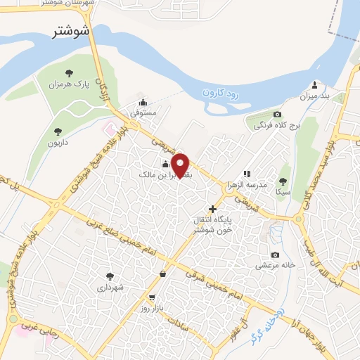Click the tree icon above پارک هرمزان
pos(69,72)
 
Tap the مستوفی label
pos(143,112)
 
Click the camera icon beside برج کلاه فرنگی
pos(277,115)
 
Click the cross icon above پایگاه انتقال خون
pos(212,208)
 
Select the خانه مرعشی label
pos(269,266)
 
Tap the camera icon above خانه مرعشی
pos(275,255)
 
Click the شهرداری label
pos(110,288)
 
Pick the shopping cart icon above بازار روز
pos(152,297)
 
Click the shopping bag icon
pos(163,274)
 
